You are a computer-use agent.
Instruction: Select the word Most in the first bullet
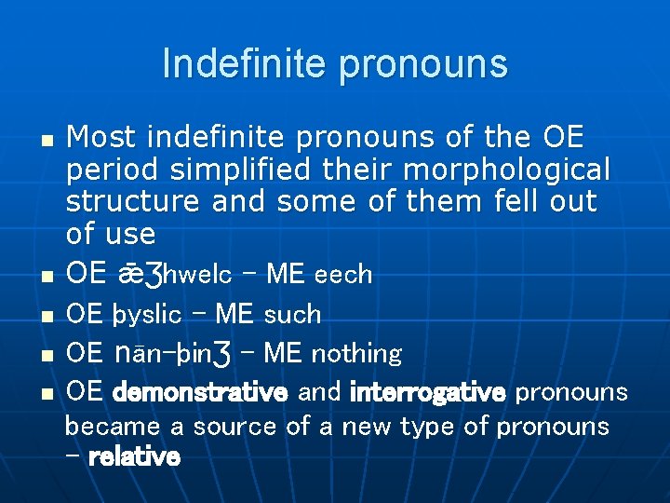(x=102, y=138)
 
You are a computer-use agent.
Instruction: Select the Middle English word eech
(x=343, y=275)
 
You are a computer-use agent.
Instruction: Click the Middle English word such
(x=292, y=315)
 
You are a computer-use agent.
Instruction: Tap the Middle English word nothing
(x=356, y=354)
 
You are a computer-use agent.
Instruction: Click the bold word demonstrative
(x=199, y=393)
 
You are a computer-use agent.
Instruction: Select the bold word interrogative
(x=428, y=393)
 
